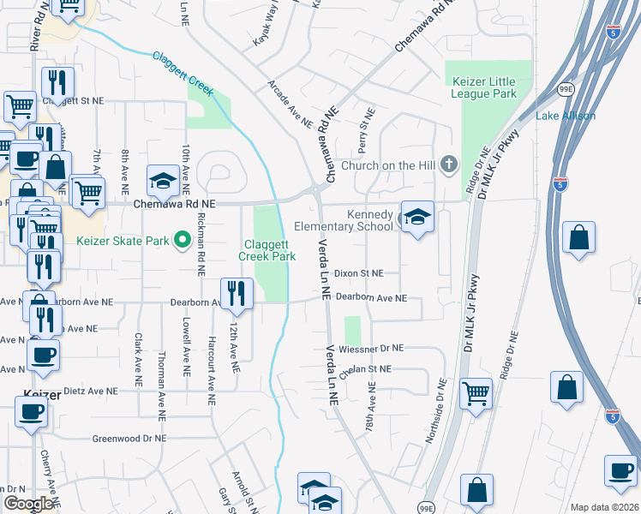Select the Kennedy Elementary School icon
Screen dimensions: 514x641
point(417,218)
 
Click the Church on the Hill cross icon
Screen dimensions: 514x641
point(449,164)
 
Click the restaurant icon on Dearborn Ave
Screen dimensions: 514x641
point(235,294)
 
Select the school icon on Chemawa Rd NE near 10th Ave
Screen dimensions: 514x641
point(161,181)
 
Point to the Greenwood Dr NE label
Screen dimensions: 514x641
point(129,438)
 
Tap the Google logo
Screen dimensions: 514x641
point(28,504)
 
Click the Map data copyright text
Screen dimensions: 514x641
point(603,507)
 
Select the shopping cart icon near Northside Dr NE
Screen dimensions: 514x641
point(476,394)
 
